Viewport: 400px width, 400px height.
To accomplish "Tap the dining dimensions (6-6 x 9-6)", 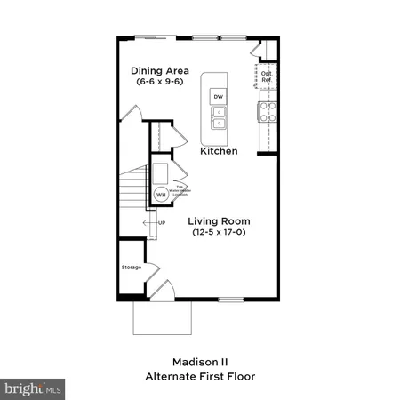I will coord(161,82).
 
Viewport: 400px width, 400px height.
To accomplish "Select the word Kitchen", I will coord(218,152).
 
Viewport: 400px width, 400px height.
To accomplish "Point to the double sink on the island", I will coord(218,117).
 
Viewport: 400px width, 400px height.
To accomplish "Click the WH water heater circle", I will coord(162,193).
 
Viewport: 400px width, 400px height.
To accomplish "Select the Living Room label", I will coord(219,220).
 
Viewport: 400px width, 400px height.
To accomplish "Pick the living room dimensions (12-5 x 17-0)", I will coord(219,232).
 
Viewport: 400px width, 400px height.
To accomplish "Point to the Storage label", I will coord(132,266).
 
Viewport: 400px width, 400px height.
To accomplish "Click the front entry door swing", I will coord(161,289).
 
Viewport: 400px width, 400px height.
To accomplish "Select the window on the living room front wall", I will coord(230,298).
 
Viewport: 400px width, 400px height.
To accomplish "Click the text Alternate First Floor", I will coord(200,376).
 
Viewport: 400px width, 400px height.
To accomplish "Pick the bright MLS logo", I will coord(33,388).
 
